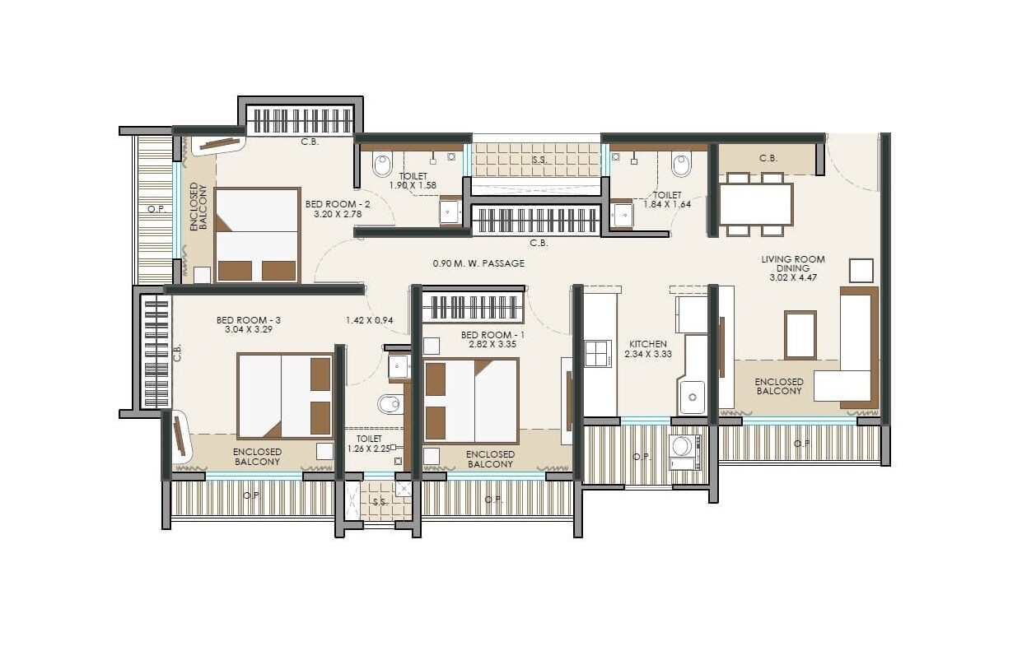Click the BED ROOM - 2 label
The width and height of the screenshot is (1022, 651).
333,204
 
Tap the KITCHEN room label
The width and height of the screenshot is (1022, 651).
647,344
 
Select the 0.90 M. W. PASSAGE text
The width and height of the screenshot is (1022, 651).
478,263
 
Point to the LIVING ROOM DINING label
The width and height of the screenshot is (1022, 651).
792,263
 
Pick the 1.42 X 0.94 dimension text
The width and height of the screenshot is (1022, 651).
369,320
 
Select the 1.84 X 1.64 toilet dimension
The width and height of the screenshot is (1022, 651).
667,205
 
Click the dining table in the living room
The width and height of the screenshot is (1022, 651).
755,204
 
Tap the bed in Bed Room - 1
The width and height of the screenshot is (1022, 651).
470,400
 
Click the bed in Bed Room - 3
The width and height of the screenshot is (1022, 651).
285,395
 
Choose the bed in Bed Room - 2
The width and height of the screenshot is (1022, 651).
257,235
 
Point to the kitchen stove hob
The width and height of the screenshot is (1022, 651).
598,353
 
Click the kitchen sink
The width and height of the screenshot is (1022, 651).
692,398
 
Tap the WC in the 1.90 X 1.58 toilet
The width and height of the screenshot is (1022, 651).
383,165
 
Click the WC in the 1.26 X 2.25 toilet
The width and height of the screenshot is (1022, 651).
389,404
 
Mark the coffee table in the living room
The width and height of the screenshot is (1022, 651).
800,335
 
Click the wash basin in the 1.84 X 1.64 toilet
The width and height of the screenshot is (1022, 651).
621,215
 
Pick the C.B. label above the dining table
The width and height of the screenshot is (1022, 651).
768,158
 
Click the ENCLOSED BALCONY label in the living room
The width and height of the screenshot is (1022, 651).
778,386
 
